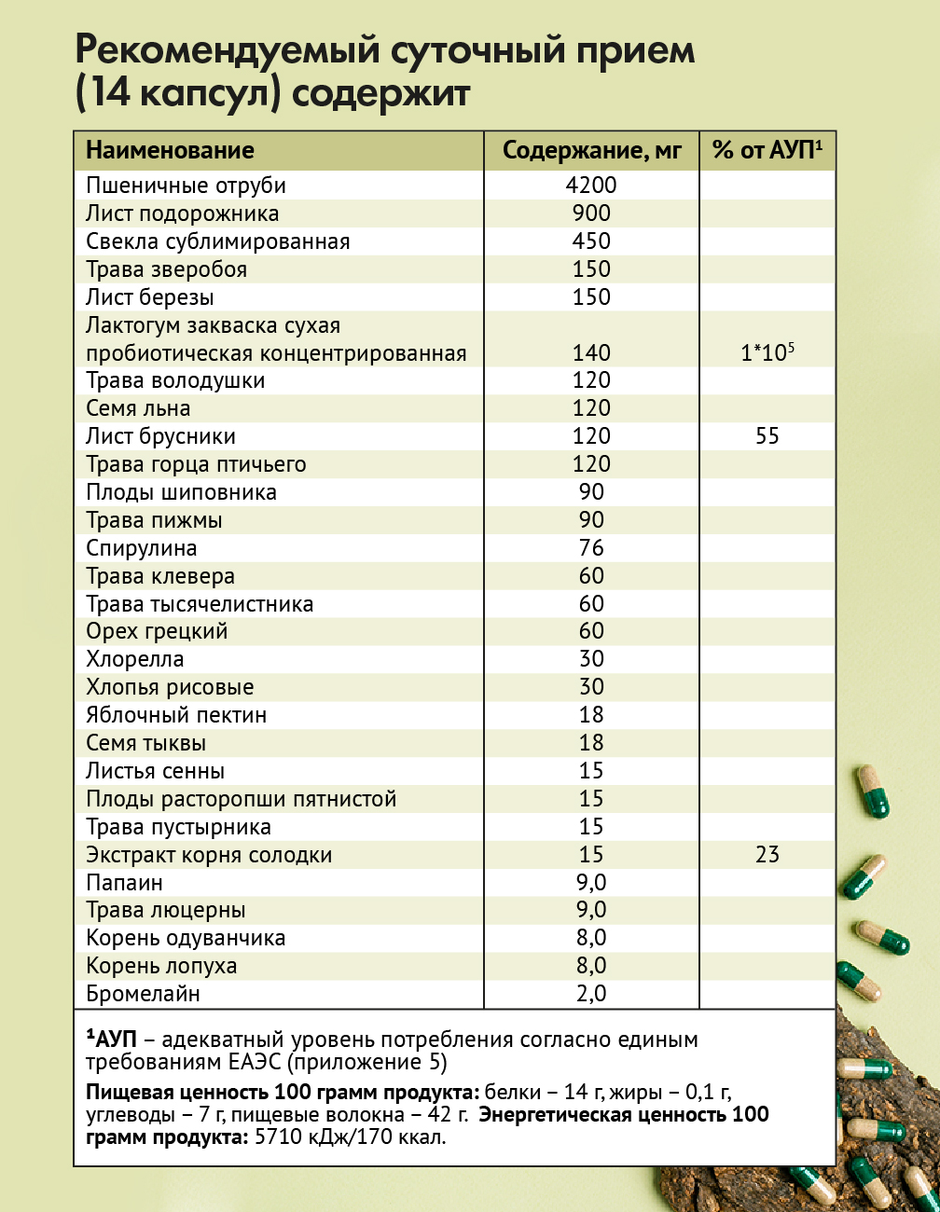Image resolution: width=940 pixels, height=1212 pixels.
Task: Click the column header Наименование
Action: pyautogui.click(x=170, y=151)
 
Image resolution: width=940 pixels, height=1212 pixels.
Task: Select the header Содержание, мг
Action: pyautogui.click(x=592, y=151)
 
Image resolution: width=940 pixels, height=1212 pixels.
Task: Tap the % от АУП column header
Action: pyautogui.click(x=767, y=151)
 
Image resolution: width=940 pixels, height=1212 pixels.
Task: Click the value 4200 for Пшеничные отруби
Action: pyautogui.click(x=591, y=186)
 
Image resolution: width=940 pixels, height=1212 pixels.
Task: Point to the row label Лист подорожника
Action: pyautogui.click(x=182, y=213)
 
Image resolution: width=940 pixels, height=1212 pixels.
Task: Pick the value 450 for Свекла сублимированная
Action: pyautogui.click(x=591, y=241)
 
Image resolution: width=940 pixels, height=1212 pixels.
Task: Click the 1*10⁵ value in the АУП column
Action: pyautogui.click(x=767, y=352)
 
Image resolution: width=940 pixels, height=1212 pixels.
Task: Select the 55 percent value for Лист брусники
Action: pyautogui.click(x=767, y=436)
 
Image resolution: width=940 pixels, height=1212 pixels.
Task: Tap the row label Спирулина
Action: pyautogui.click(x=142, y=548)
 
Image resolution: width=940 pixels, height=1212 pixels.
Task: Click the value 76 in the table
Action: pyautogui.click(x=591, y=548)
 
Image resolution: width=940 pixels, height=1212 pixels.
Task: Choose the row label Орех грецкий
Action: pyautogui.click(x=157, y=631)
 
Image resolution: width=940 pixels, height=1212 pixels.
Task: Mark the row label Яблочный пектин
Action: pyautogui.click(x=176, y=715)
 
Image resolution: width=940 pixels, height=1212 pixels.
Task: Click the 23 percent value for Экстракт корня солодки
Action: pyautogui.click(x=767, y=855)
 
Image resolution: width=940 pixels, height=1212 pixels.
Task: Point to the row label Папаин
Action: pyautogui.click(x=124, y=883)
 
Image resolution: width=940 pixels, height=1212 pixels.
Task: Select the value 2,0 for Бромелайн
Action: pyautogui.click(x=591, y=994)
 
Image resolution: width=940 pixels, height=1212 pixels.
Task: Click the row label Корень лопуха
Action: pyautogui.click(x=161, y=966)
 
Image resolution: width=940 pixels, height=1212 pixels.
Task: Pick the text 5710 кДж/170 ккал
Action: pyautogui.click(x=350, y=1137)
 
